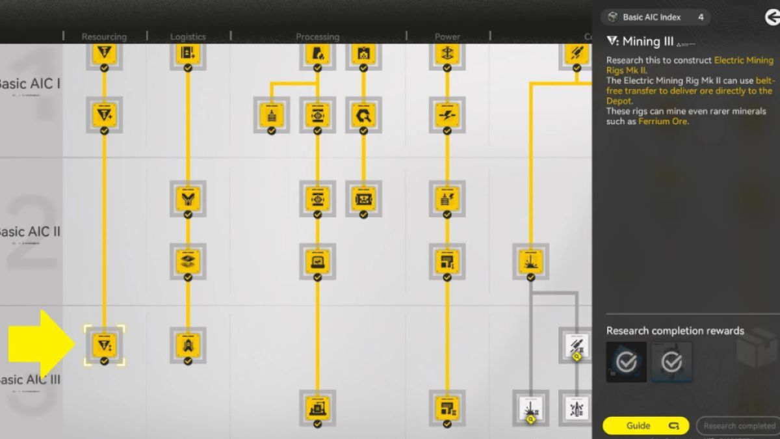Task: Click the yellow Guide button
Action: (645, 426)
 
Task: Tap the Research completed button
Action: (738, 426)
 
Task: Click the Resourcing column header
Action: (104, 36)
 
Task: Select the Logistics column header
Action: (188, 36)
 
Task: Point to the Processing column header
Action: (317, 36)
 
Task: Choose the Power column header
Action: (447, 36)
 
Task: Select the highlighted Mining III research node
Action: (104, 345)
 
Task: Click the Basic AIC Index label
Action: (651, 17)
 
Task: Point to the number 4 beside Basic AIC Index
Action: (701, 17)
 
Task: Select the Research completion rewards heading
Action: (675, 330)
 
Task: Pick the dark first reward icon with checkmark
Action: (626, 362)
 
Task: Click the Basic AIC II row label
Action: (30, 232)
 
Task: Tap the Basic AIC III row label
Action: (30, 380)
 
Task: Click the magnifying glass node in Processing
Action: (363, 115)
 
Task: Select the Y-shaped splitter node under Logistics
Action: (188, 198)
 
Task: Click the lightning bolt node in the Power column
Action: (447, 115)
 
